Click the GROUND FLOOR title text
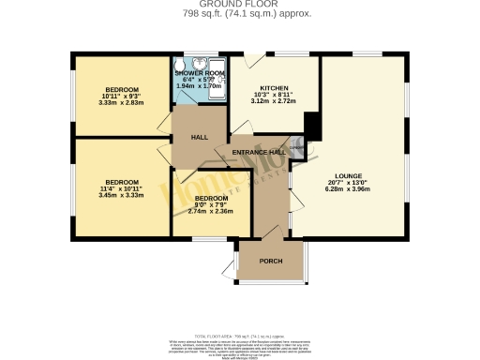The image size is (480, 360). coord(240,5)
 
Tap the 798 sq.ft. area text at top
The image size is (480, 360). coord(240,14)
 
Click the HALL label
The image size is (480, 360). coord(199,138)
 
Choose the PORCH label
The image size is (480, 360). coord(270,261)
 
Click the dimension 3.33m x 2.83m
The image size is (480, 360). coord(122,102)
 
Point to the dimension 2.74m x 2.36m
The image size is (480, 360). coord(212,211)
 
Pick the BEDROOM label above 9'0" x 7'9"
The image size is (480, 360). coord(212,198)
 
